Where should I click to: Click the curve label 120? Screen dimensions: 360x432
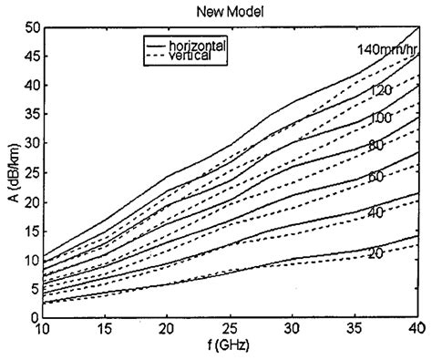380,90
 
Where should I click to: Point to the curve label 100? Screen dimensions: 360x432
380,118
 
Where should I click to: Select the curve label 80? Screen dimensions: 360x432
375,145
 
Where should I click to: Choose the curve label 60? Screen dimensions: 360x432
375,176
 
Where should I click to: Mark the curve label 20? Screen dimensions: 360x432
375,252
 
